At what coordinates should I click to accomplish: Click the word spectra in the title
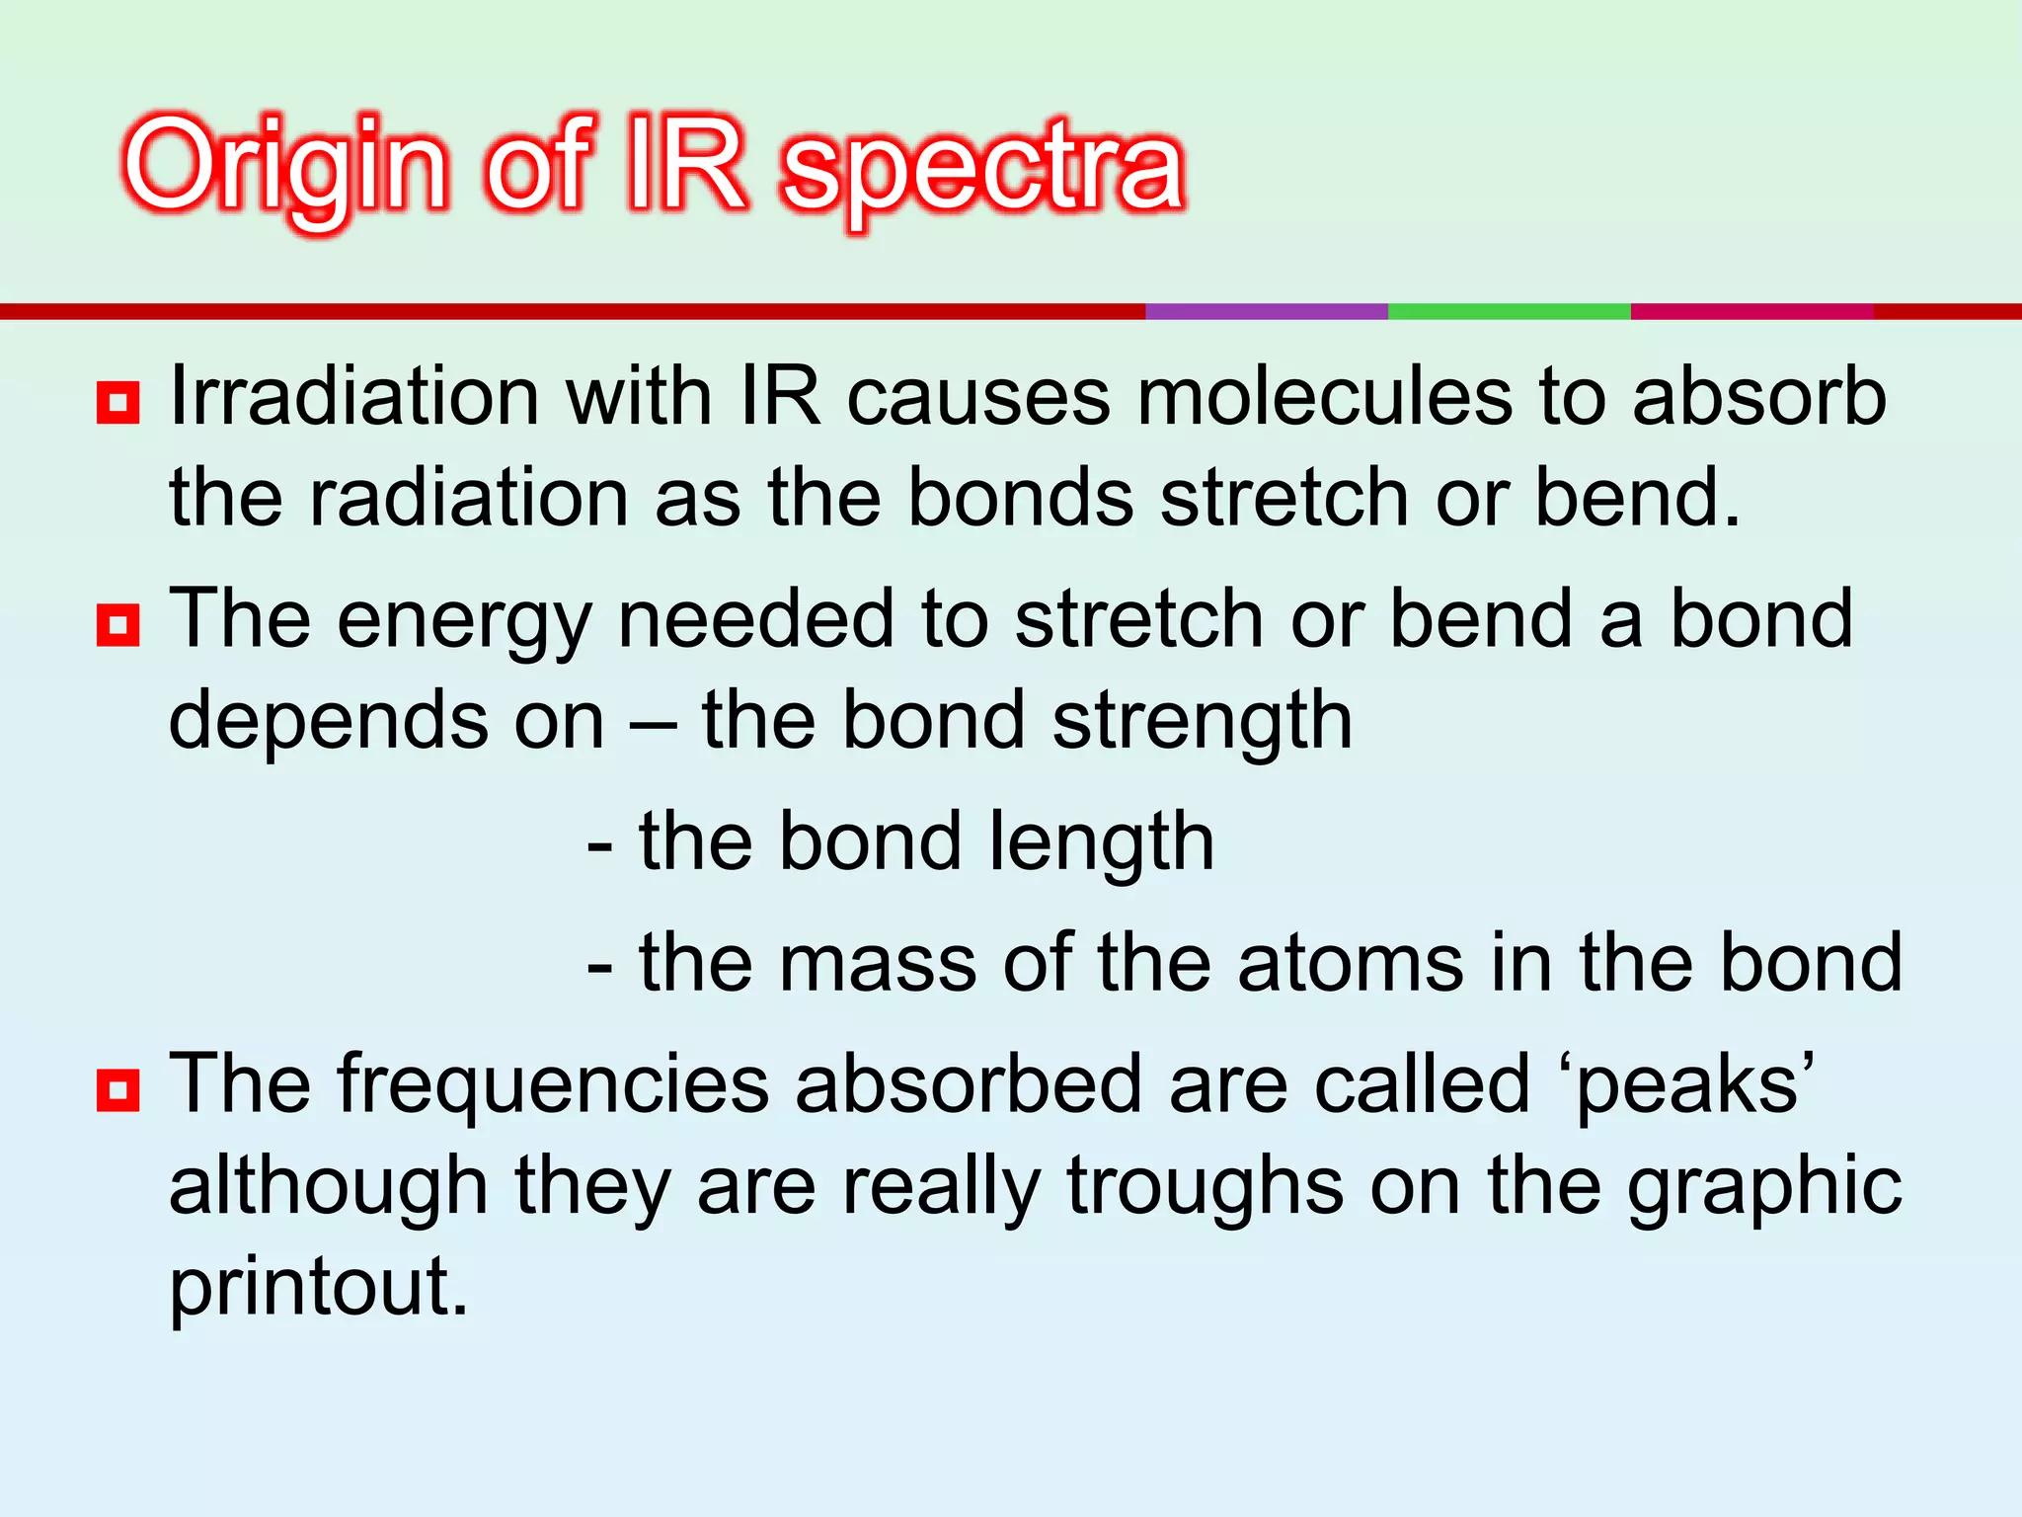pyautogui.click(x=982, y=170)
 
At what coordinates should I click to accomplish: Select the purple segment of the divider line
pyautogui.click(x=1267, y=311)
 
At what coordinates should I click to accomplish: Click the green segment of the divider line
pyautogui.click(x=1509, y=311)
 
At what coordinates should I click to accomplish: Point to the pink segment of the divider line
pyautogui.click(x=1751, y=311)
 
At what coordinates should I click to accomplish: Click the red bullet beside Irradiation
pyautogui.click(x=117, y=403)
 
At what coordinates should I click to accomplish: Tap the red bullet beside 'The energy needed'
pyautogui.click(x=117, y=625)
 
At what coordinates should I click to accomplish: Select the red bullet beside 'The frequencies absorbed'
pyautogui.click(x=117, y=1090)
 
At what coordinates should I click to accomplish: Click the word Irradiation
pyautogui.click(x=353, y=397)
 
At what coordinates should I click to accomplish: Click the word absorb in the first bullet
pyautogui.click(x=1758, y=397)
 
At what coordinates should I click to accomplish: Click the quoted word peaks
pyautogui.click(x=1694, y=1086)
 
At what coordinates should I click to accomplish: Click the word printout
pyautogui.click(x=318, y=1286)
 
